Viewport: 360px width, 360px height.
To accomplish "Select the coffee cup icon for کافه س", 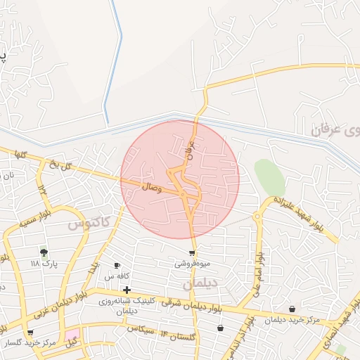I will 117,266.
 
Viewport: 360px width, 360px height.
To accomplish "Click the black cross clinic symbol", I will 127,290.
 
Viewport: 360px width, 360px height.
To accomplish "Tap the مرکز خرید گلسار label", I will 30,343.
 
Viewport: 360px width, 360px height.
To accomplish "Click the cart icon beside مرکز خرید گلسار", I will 30,333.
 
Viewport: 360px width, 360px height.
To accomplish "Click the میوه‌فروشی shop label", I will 192,264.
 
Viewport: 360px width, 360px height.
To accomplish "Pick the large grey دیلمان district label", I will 201,283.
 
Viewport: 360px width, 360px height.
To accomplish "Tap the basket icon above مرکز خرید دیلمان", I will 292,309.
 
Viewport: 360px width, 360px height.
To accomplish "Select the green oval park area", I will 269,177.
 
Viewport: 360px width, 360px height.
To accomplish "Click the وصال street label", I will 152,188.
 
